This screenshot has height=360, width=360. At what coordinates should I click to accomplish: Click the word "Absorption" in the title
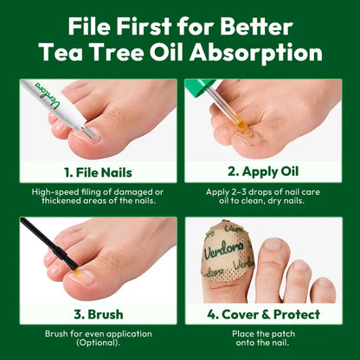click(x=256, y=54)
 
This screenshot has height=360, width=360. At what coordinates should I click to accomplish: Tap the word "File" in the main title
click(x=89, y=26)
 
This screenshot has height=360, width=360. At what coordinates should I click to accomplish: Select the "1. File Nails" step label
click(x=98, y=173)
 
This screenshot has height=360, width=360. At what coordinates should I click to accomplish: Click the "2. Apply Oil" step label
click(x=263, y=171)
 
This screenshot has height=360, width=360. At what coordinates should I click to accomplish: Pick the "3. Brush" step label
click(x=98, y=314)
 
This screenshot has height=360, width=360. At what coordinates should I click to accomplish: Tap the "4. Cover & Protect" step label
click(x=263, y=314)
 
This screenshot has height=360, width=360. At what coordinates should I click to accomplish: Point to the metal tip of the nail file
click(x=87, y=132)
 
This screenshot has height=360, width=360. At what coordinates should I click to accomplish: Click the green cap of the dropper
click(x=200, y=87)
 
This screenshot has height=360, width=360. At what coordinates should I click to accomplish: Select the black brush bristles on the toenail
click(x=71, y=263)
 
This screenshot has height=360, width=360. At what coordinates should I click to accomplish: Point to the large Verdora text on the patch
click(x=223, y=249)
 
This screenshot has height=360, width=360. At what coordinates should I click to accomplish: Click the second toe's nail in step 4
click(x=273, y=244)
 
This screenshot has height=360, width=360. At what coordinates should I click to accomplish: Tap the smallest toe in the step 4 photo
click(x=324, y=290)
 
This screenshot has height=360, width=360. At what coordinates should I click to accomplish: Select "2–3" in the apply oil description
click(x=240, y=192)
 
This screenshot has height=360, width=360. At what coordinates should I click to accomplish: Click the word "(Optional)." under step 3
click(x=98, y=343)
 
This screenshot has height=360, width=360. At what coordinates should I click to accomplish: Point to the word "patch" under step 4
click(x=284, y=334)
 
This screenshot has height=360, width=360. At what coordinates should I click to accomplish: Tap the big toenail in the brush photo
click(x=82, y=277)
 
